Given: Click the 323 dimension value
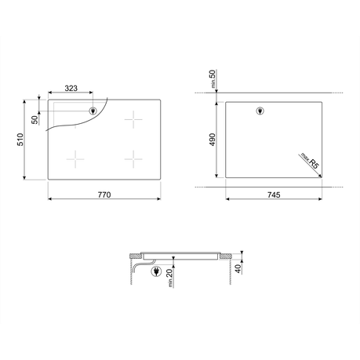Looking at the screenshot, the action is coord(71,89).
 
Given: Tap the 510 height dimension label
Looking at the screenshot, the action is coord(20,140).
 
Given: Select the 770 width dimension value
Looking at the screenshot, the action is coord(104,195).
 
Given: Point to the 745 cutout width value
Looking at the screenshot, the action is coord(274,195).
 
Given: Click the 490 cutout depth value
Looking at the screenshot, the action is coord(212,140).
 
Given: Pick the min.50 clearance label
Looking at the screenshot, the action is coord(213,78).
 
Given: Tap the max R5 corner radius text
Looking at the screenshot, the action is coord(310,161).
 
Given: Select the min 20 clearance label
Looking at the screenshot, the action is coord(169,278).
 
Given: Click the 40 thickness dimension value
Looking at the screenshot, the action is coord(238,268).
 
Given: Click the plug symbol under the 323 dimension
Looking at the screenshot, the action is coord(93,111).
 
